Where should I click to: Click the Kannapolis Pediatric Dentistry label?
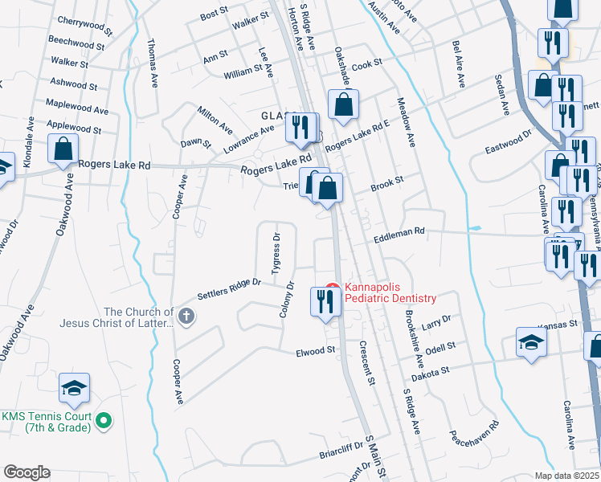coord(390,292)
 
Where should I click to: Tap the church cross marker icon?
coord(186,317)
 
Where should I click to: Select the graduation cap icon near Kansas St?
coord(531,342)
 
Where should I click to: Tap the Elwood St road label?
coord(315,351)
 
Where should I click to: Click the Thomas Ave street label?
coord(153,55)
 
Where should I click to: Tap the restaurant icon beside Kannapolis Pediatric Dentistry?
coord(325,301)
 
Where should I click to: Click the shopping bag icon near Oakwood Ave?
coord(62,149)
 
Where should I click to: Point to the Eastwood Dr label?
coord(509,143)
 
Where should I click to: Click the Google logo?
coord(26,472)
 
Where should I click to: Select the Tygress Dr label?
coord(276,253)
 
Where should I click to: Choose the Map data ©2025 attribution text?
coord(567,476)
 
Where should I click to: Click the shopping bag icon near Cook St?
coord(343,104)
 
